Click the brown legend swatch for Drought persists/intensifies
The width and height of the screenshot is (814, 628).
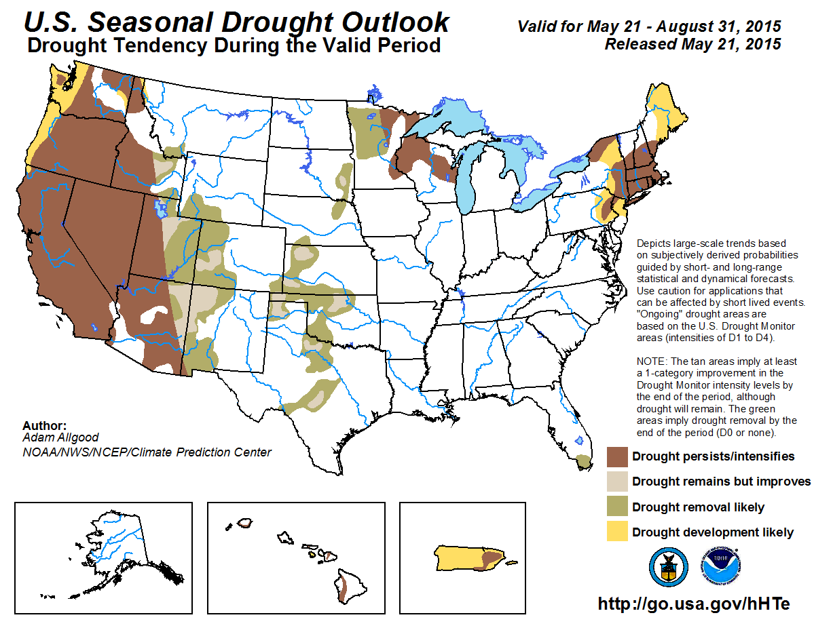click(616, 456)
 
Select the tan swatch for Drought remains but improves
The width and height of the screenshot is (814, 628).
click(616, 482)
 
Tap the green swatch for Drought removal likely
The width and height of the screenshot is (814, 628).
click(616, 507)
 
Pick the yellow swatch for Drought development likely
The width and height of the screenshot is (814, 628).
click(616, 532)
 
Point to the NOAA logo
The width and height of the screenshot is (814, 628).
click(720, 567)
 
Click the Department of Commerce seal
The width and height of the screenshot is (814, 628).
click(668, 567)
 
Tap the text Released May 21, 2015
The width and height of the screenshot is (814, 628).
click(692, 45)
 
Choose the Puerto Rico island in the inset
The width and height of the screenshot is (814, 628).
click(469, 558)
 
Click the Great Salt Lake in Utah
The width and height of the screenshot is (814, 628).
click(160, 207)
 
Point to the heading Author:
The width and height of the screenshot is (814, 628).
click(44, 426)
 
